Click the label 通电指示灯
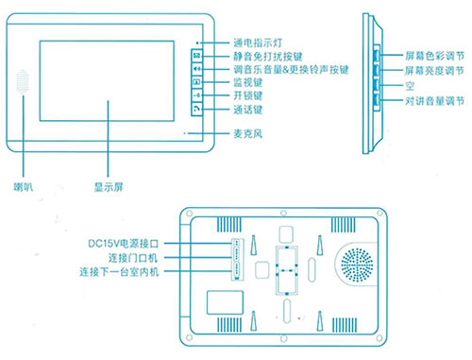[257, 43]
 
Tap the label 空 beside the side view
[409, 85]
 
